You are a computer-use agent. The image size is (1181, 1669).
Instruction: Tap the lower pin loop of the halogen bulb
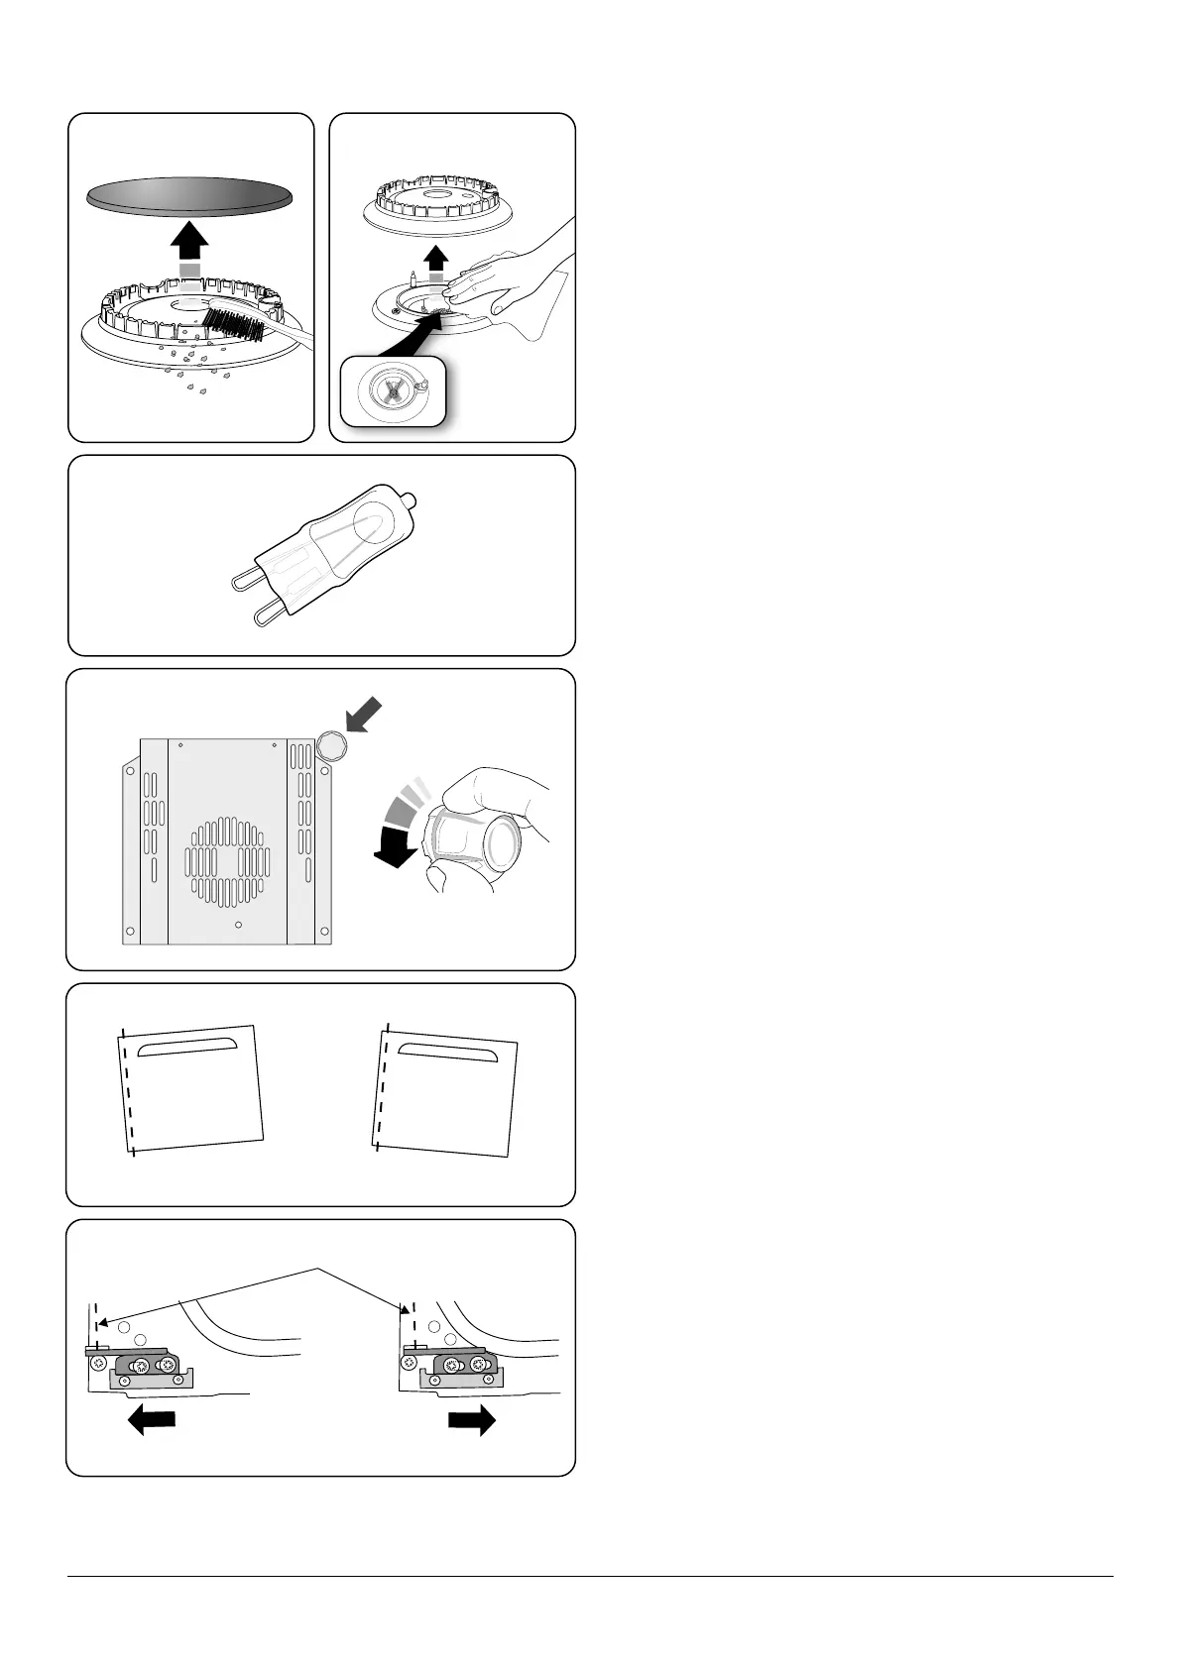point(266,614)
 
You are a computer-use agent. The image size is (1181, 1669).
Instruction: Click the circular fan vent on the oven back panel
point(227,860)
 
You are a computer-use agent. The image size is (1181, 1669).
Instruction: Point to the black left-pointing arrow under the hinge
point(153,1422)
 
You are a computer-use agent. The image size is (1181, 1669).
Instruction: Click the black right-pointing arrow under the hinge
point(472,1422)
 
